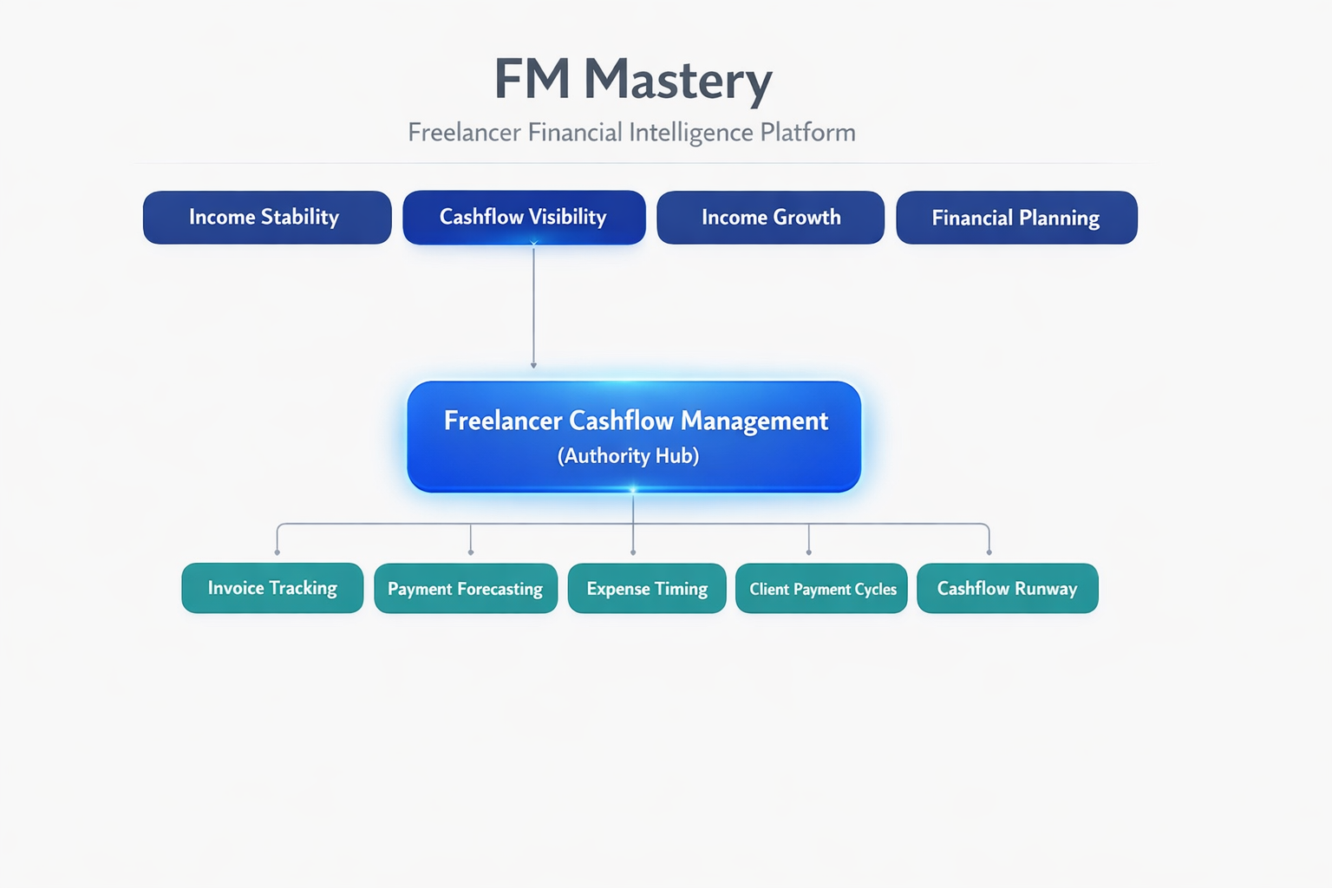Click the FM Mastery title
pyautogui.click(x=632, y=80)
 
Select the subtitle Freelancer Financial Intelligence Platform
pyautogui.click(x=631, y=133)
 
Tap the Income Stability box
pyautogui.click(x=266, y=218)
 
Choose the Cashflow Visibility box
pyautogui.click(x=524, y=218)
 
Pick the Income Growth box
pyautogui.click(x=770, y=218)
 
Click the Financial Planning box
pyautogui.click(x=1015, y=218)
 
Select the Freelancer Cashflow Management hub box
pyautogui.click(x=634, y=436)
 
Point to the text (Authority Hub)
pyautogui.click(x=628, y=456)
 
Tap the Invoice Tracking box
pyautogui.click(x=272, y=588)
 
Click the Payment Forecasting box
pyautogui.click(x=466, y=589)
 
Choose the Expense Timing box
pyautogui.click(x=647, y=589)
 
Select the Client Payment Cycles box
pyautogui.click(x=821, y=589)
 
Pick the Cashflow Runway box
pyautogui.click(x=1007, y=589)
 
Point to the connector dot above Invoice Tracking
pyautogui.click(x=277, y=552)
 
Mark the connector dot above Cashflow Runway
pyautogui.click(x=989, y=552)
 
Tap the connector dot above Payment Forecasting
pyautogui.click(x=471, y=552)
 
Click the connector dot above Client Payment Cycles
pyautogui.click(x=809, y=552)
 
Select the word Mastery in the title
pyautogui.click(x=677, y=80)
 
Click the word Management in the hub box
pyautogui.click(x=754, y=421)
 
